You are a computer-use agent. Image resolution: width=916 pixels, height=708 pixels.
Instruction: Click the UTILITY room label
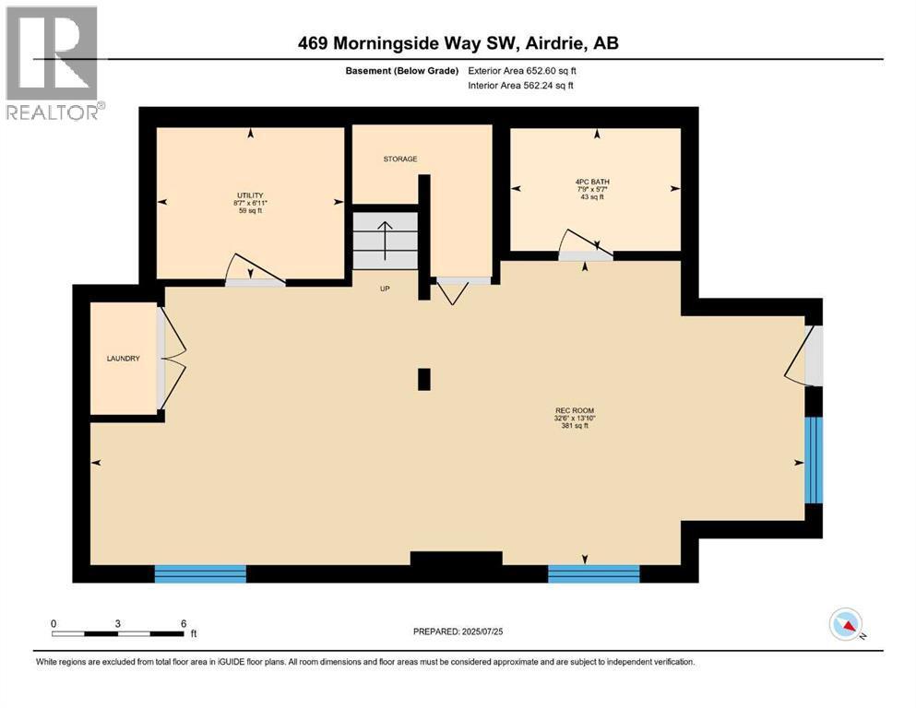click(249, 195)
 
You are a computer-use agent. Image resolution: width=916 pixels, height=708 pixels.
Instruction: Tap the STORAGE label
click(400, 159)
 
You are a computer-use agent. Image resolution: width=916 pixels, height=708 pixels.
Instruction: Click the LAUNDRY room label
click(123, 358)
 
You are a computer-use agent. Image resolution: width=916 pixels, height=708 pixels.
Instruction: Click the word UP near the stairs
click(386, 289)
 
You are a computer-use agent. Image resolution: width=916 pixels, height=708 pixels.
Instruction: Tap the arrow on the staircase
click(385, 234)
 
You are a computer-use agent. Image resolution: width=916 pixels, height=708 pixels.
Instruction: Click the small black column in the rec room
click(423, 379)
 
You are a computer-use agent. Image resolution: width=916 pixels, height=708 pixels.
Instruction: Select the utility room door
click(255, 272)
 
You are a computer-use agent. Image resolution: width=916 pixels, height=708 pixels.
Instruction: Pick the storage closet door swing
click(452, 290)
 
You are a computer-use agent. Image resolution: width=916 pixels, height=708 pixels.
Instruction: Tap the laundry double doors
click(172, 358)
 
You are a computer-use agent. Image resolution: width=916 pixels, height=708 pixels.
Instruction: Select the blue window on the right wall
click(813, 460)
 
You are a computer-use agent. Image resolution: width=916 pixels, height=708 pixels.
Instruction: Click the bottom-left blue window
click(200, 573)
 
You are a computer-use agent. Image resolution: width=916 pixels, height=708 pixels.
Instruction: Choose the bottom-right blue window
click(593, 573)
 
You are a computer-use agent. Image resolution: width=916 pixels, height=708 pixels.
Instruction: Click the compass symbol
click(846, 625)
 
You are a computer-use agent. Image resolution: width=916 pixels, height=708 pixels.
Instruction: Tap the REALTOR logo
click(53, 62)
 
